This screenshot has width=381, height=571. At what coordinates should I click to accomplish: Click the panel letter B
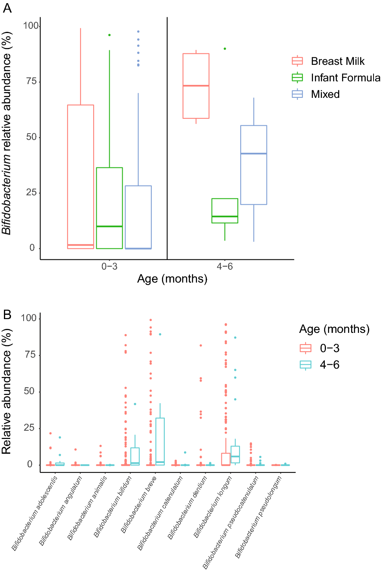pos(7,314)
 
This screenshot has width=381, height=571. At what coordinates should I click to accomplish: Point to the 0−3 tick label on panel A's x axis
pos(109,266)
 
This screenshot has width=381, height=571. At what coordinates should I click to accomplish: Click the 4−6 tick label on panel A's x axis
pos(225,266)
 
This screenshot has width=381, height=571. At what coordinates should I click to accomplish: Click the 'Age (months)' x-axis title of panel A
pos(172,279)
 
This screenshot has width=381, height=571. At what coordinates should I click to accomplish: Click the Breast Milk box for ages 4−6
pos(196,86)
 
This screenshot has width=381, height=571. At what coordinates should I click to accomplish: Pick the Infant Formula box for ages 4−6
pos(225,211)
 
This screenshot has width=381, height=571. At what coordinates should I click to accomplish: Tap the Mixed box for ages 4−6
pos(254,165)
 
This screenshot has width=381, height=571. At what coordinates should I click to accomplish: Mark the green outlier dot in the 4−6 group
pos(225,49)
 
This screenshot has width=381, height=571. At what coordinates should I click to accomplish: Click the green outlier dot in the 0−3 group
pos(109,35)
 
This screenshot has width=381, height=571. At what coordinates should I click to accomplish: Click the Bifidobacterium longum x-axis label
pos(213,507)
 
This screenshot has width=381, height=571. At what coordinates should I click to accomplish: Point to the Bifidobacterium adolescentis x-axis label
pos(35,513)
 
